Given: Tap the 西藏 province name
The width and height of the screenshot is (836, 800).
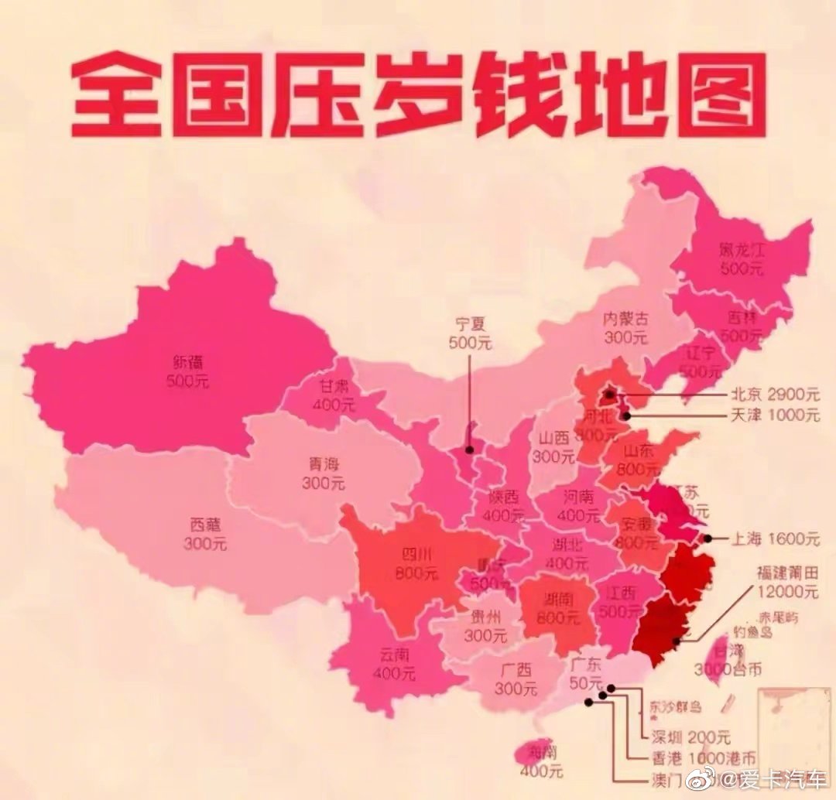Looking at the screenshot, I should [x=205, y=525].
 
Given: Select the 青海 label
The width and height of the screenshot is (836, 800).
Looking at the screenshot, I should [x=324, y=465].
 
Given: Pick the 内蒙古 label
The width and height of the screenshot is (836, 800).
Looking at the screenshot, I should [x=626, y=319].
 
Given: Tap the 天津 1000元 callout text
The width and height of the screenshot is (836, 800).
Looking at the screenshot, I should [x=774, y=415].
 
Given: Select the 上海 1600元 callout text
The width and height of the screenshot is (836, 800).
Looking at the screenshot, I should [x=774, y=538].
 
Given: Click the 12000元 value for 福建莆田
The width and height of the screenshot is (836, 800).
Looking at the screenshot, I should [x=788, y=592].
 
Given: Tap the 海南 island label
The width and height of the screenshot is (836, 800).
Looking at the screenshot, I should [x=542, y=751].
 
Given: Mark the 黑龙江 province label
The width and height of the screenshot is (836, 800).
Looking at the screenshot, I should [x=741, y=251].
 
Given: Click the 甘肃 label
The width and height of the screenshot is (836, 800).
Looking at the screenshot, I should [x=334, y=386].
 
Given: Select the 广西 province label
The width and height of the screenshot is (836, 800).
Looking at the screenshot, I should [x=516, y=670].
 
